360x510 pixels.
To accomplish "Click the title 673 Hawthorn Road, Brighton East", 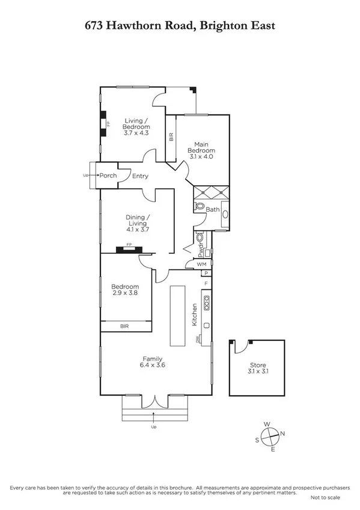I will (180, 25).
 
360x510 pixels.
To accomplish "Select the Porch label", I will (108, 176).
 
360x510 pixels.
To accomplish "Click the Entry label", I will (140, 176).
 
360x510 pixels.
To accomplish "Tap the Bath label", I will (213, 209).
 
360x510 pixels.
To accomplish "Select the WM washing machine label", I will (201, 263).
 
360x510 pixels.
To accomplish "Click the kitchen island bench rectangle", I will (178, 316).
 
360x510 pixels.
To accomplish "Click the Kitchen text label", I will (195, 315).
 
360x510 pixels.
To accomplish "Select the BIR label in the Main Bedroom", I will (171, 137).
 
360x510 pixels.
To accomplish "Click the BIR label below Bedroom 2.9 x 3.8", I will (124, 326).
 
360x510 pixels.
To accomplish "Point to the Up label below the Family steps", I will (154, 428).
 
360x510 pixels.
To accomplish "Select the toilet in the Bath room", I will (200, 206).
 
